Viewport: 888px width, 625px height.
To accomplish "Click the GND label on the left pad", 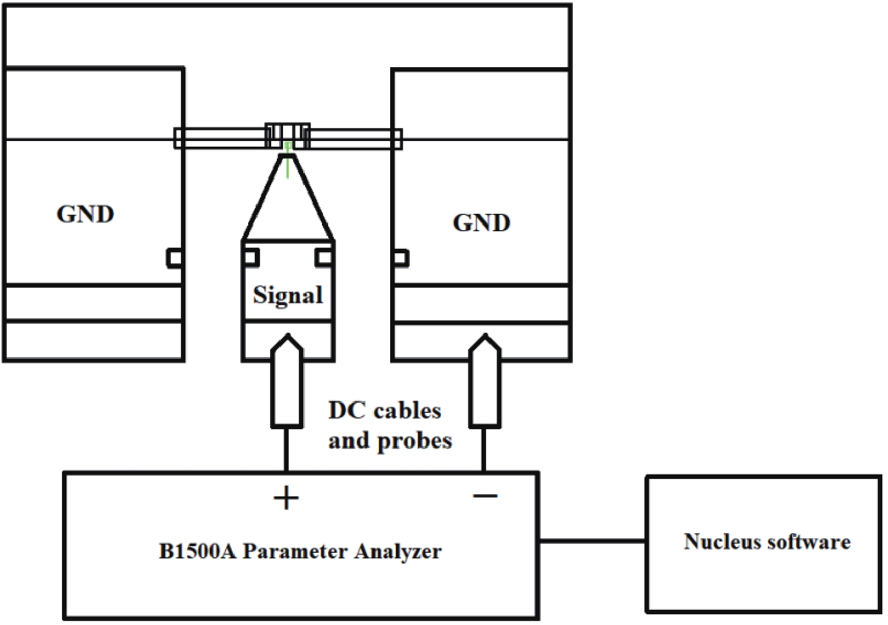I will (x=85, y=214).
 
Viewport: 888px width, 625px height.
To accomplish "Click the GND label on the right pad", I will (x=481, y=223).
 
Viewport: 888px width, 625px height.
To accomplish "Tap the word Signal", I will (x=288, y=295).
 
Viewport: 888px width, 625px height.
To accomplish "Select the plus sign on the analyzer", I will (x=286, y=498).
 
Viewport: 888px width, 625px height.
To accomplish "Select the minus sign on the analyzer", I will (x=485, y=496).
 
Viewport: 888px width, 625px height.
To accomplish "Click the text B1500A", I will (x=197, y=551).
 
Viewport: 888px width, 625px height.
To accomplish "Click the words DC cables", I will (x=385, y=411).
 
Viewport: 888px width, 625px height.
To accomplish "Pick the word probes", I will (x=414, y=441).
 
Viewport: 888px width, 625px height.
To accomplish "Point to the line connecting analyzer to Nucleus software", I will (x=592, y=541).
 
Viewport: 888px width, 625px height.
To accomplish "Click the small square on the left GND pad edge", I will (x=174, y=257).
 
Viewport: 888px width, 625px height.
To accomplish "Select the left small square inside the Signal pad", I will (x=251, y=257).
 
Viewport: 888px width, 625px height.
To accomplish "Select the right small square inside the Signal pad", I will (x=324, y=257).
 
